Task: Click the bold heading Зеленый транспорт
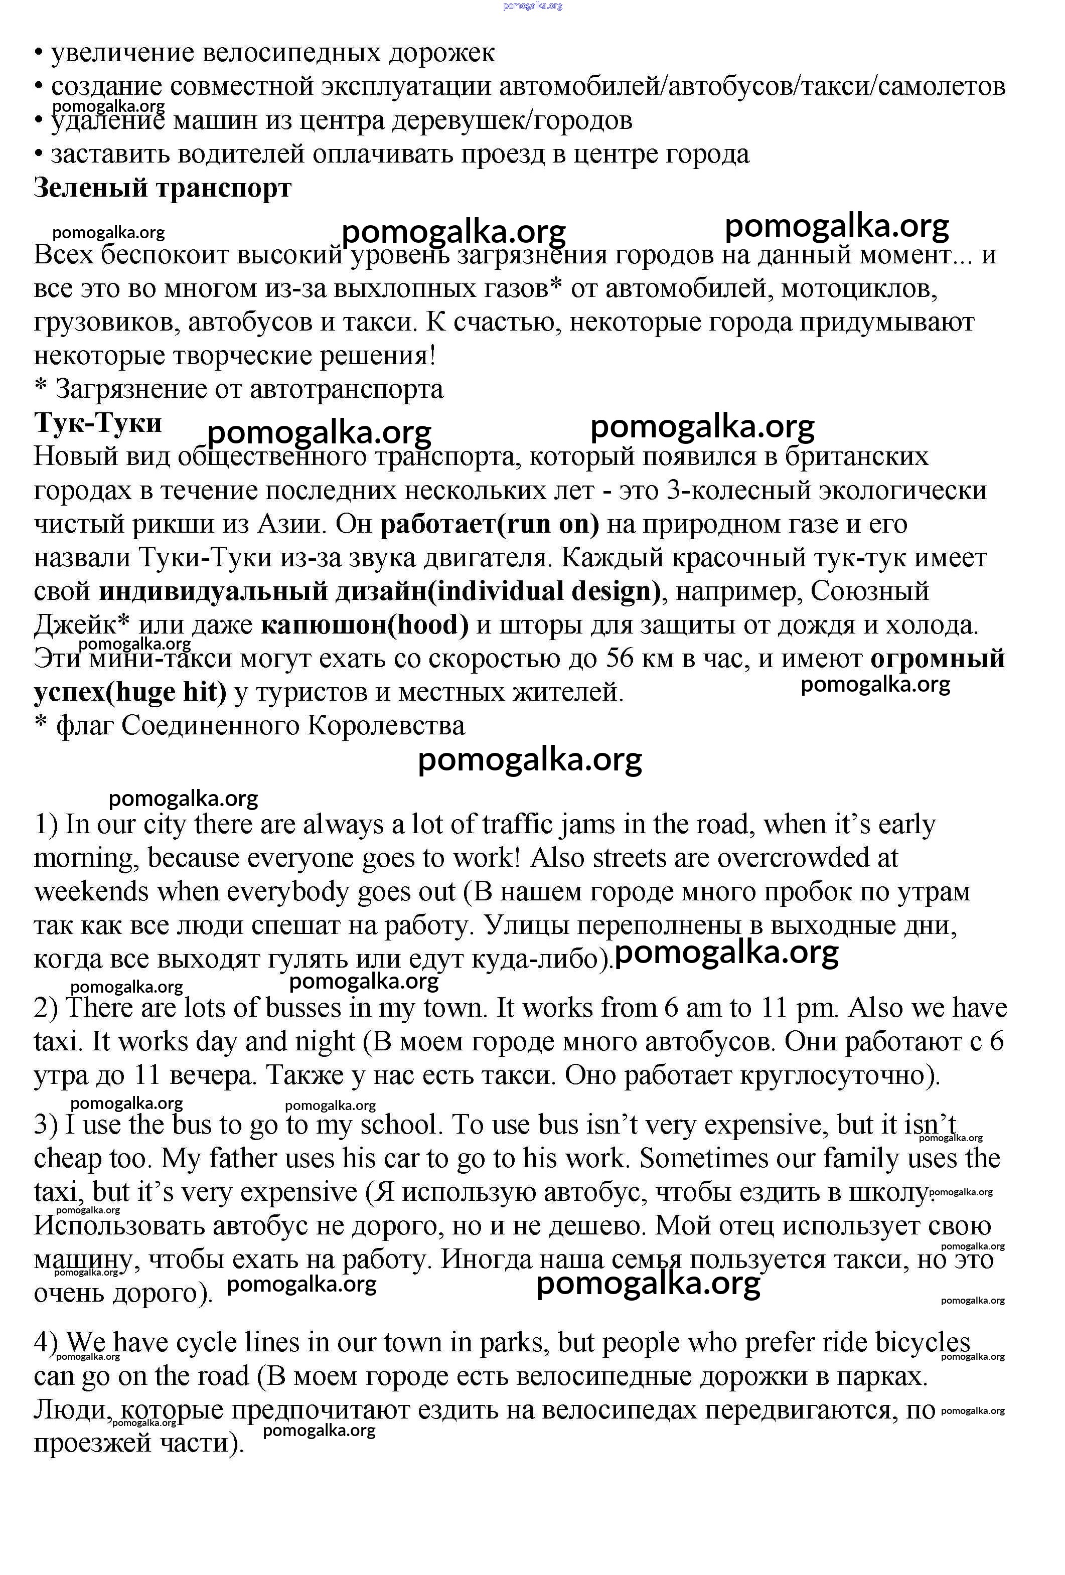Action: coord(163,188)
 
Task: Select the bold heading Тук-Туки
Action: coord(98,423)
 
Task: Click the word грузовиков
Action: coord(107,323)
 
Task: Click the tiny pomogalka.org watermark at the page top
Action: coord(533,6)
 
